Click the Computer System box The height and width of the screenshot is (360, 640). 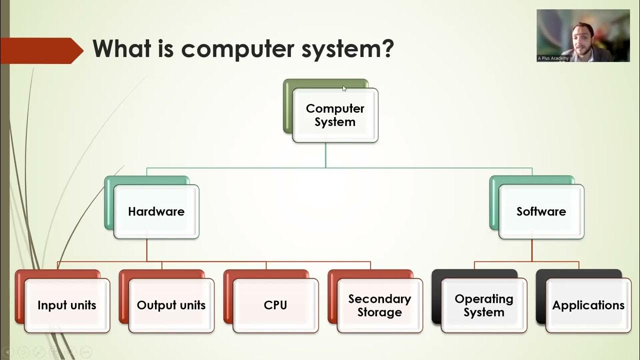[335, 115]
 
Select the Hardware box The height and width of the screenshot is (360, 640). [156, 211]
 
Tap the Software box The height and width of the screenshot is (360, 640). [541, 211]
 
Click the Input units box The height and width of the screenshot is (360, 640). [66, 305]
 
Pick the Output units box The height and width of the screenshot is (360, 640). [171, 305]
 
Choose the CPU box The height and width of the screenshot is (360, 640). [275, 305]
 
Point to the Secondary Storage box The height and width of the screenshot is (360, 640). [379, 305]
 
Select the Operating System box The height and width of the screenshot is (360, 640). [483, 305]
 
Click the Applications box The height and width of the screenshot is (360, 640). [588, 305]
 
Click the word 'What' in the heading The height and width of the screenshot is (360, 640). [123, 48]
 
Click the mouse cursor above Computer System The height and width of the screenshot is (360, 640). [344, 88]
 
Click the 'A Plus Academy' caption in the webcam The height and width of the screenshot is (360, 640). [553, 58]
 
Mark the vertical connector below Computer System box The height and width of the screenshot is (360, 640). [325, 155]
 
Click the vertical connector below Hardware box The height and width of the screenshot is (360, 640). [146, 250]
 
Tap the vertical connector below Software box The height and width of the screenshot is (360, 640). [531, 250]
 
